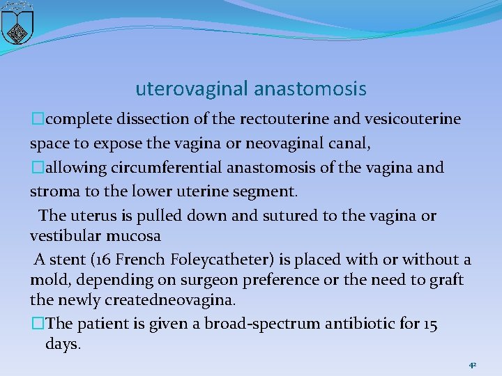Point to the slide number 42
click(472, 365)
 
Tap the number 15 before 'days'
click(429, 324)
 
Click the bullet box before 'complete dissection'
click(35, 119)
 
